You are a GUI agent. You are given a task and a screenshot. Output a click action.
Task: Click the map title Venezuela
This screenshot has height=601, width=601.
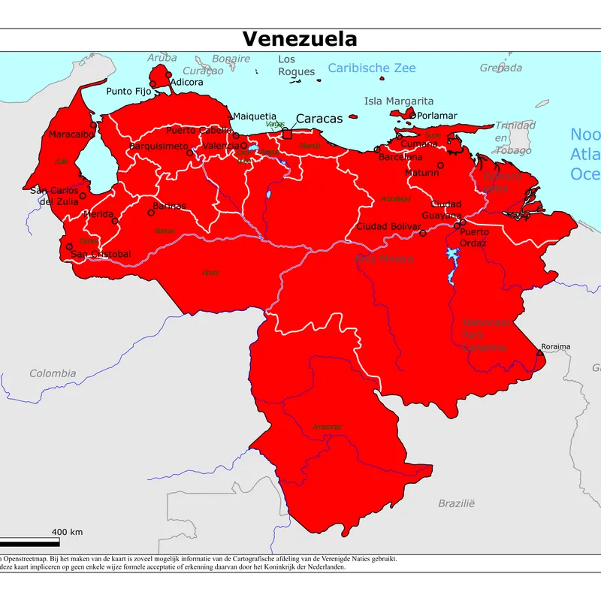coord(300,39)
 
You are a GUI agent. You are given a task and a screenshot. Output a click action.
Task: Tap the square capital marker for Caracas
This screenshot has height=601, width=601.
coord(286,134)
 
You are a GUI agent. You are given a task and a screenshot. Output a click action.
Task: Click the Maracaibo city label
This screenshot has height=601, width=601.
coord(71,135)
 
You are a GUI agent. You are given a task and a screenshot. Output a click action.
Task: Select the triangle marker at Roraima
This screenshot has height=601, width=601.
coord(539,352)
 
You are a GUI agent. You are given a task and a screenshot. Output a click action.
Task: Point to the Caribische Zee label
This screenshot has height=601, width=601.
coord(371,68)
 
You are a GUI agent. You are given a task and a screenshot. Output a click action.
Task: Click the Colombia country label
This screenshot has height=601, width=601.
coord(53,373)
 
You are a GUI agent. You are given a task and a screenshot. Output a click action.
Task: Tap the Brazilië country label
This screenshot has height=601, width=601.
coord(457,503)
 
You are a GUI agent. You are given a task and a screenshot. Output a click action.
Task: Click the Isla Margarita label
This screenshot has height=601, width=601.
coord(399,101)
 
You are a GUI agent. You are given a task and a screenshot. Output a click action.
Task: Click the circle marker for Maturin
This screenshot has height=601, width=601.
coord(440,165)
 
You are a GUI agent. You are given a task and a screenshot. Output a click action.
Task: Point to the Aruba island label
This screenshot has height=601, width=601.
coord(162,58)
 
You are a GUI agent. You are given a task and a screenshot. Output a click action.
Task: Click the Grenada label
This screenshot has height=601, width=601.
coord(501,68)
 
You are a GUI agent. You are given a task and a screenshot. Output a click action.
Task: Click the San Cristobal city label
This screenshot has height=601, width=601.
coord(101,255)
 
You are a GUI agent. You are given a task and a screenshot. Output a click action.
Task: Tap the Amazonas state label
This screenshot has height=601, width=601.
coord(327,427)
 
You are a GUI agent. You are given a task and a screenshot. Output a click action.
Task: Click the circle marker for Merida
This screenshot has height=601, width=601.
coord(115,221)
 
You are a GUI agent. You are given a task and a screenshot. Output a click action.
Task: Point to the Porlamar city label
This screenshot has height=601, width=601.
coord(437,116)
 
